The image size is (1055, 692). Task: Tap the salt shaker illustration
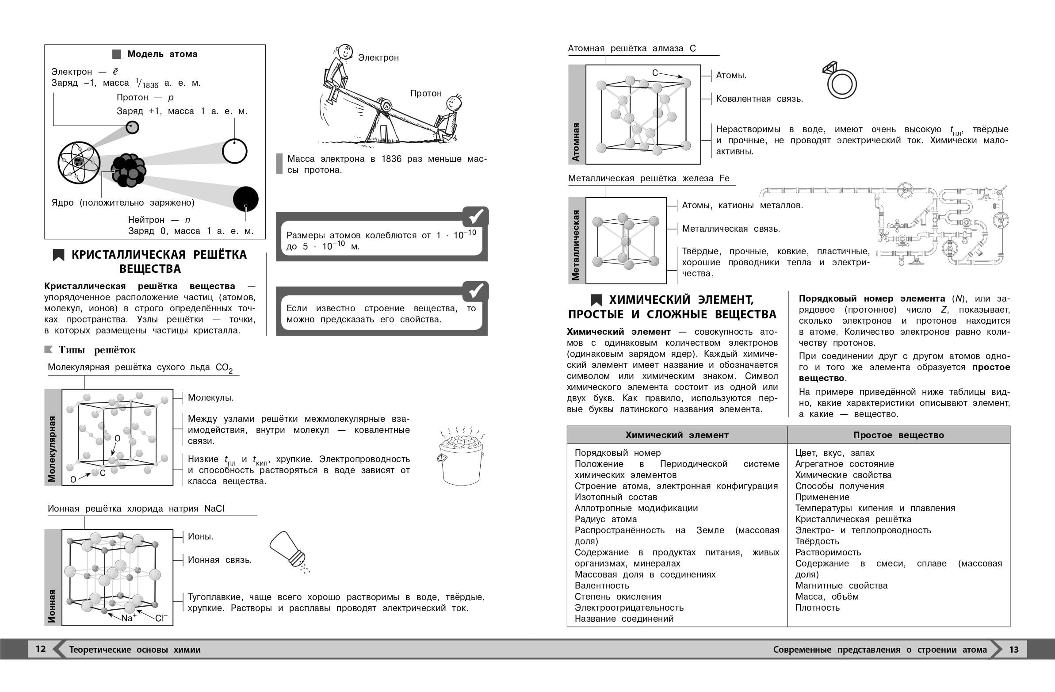(x=288, y=550)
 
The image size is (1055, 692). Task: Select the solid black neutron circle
(x=245, y=199)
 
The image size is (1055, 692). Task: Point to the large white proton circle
(x=234, y=151)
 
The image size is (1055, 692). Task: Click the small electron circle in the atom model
(x=132, y=127)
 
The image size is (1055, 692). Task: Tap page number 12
(x=40, y=649)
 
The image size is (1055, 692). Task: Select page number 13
(x=1014, y=650)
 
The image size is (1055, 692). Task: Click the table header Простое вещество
(x=898, y=436)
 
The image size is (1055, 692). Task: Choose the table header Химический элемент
(x=677, y=436)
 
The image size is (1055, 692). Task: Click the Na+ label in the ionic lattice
(x=129, y=618)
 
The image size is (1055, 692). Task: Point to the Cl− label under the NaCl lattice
(x=161, y=618)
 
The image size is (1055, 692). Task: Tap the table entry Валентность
(x=601, y=585)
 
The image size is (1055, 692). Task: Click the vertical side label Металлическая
(x=576, y=245)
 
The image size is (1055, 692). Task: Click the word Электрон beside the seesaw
(x=378, y=57)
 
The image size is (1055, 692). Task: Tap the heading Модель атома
(x=162, y=54)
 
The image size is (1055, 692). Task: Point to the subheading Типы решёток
(x=97, y=350)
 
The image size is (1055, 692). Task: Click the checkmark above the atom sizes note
(x=475, y=217)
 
